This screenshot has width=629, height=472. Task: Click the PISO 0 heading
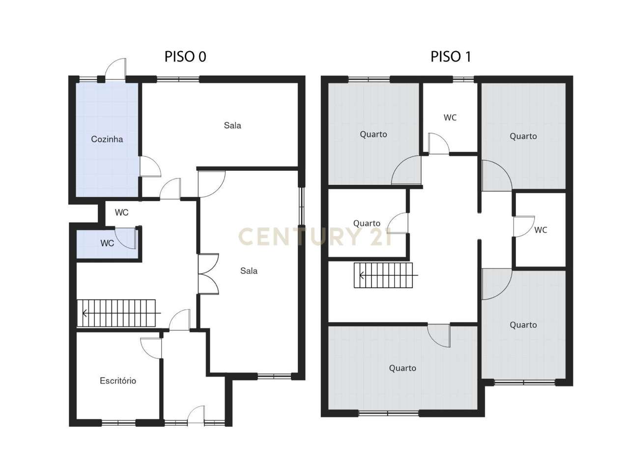[185, 57]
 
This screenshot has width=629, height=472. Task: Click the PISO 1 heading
[451, 57]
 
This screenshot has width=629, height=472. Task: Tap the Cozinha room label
[107, 139]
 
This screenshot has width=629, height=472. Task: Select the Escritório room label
[118, 381]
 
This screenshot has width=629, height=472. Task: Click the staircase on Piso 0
[116, 313]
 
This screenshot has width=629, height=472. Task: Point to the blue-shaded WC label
[107, 243]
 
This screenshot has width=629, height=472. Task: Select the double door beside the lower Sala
[208, 274]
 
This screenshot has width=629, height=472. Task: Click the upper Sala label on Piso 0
[232, 125]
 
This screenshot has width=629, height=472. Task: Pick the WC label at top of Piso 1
[450, 118]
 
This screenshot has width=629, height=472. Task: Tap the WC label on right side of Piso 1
[541, 230]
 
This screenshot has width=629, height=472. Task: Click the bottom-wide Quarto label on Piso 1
[402, 368]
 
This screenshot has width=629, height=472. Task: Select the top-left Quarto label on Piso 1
[373, 134]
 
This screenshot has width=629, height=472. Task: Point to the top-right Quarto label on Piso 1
[523, 136]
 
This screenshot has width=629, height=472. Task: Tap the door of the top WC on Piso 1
[438, 144]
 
